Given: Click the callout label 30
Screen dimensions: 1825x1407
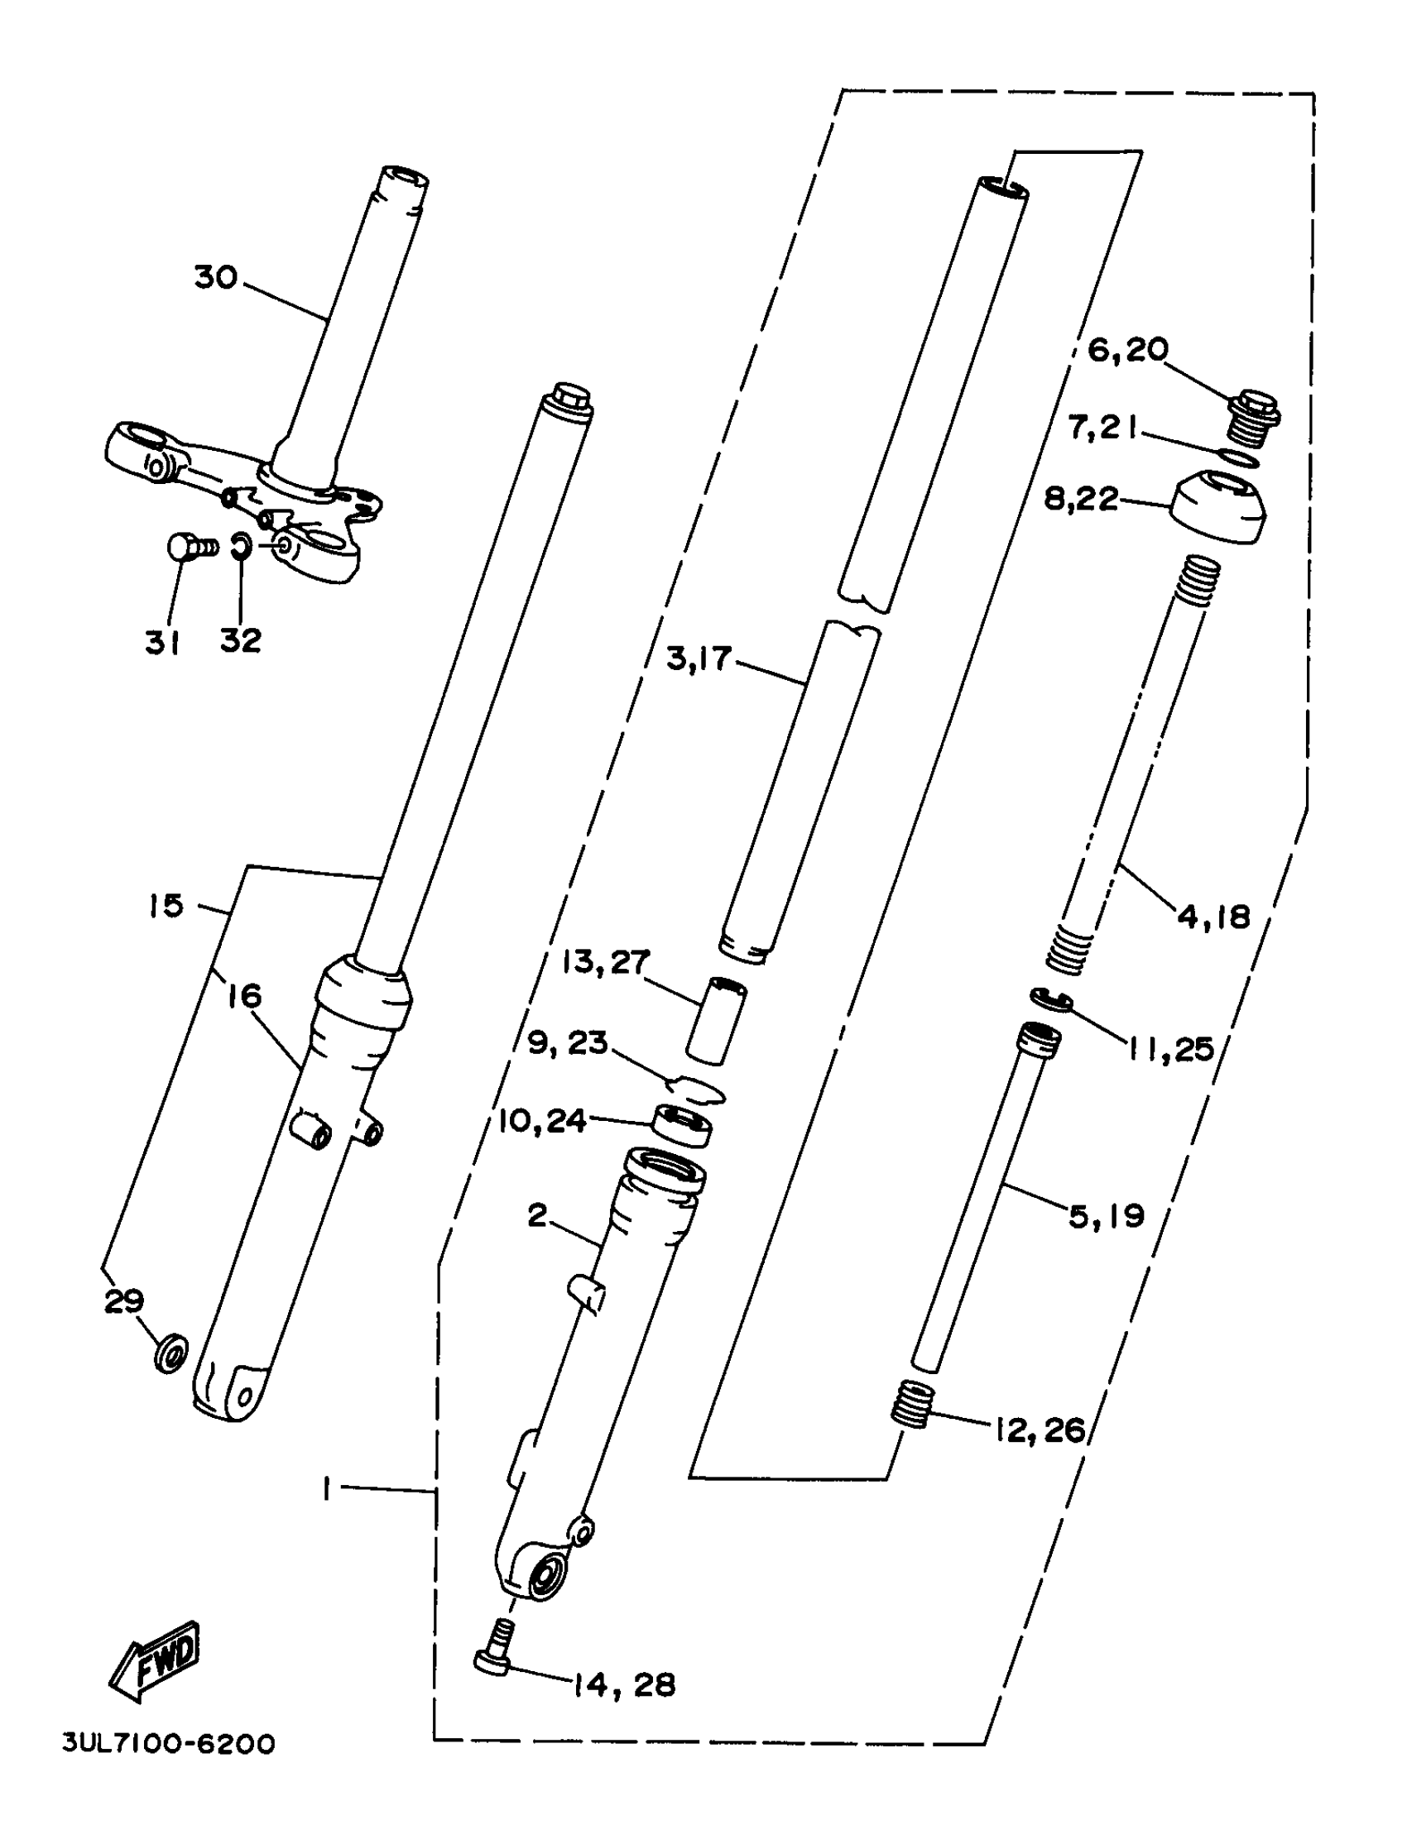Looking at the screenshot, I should coord(216,276).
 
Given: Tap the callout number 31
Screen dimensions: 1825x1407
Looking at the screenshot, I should coord(162,643).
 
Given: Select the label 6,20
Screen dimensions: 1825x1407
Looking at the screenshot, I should coord(1127,350).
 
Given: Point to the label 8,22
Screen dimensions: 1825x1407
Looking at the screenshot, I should coord(1080,499).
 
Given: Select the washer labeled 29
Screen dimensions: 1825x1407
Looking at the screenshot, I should coord(171,1351).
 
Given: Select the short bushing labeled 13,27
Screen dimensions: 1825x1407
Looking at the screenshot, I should coord(717,1021).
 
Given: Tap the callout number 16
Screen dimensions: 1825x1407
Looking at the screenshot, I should coord(244,995).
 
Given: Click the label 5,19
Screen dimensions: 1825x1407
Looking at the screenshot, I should coord(1105,1216).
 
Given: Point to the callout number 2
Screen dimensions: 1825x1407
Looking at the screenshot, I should coord(536,1214).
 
